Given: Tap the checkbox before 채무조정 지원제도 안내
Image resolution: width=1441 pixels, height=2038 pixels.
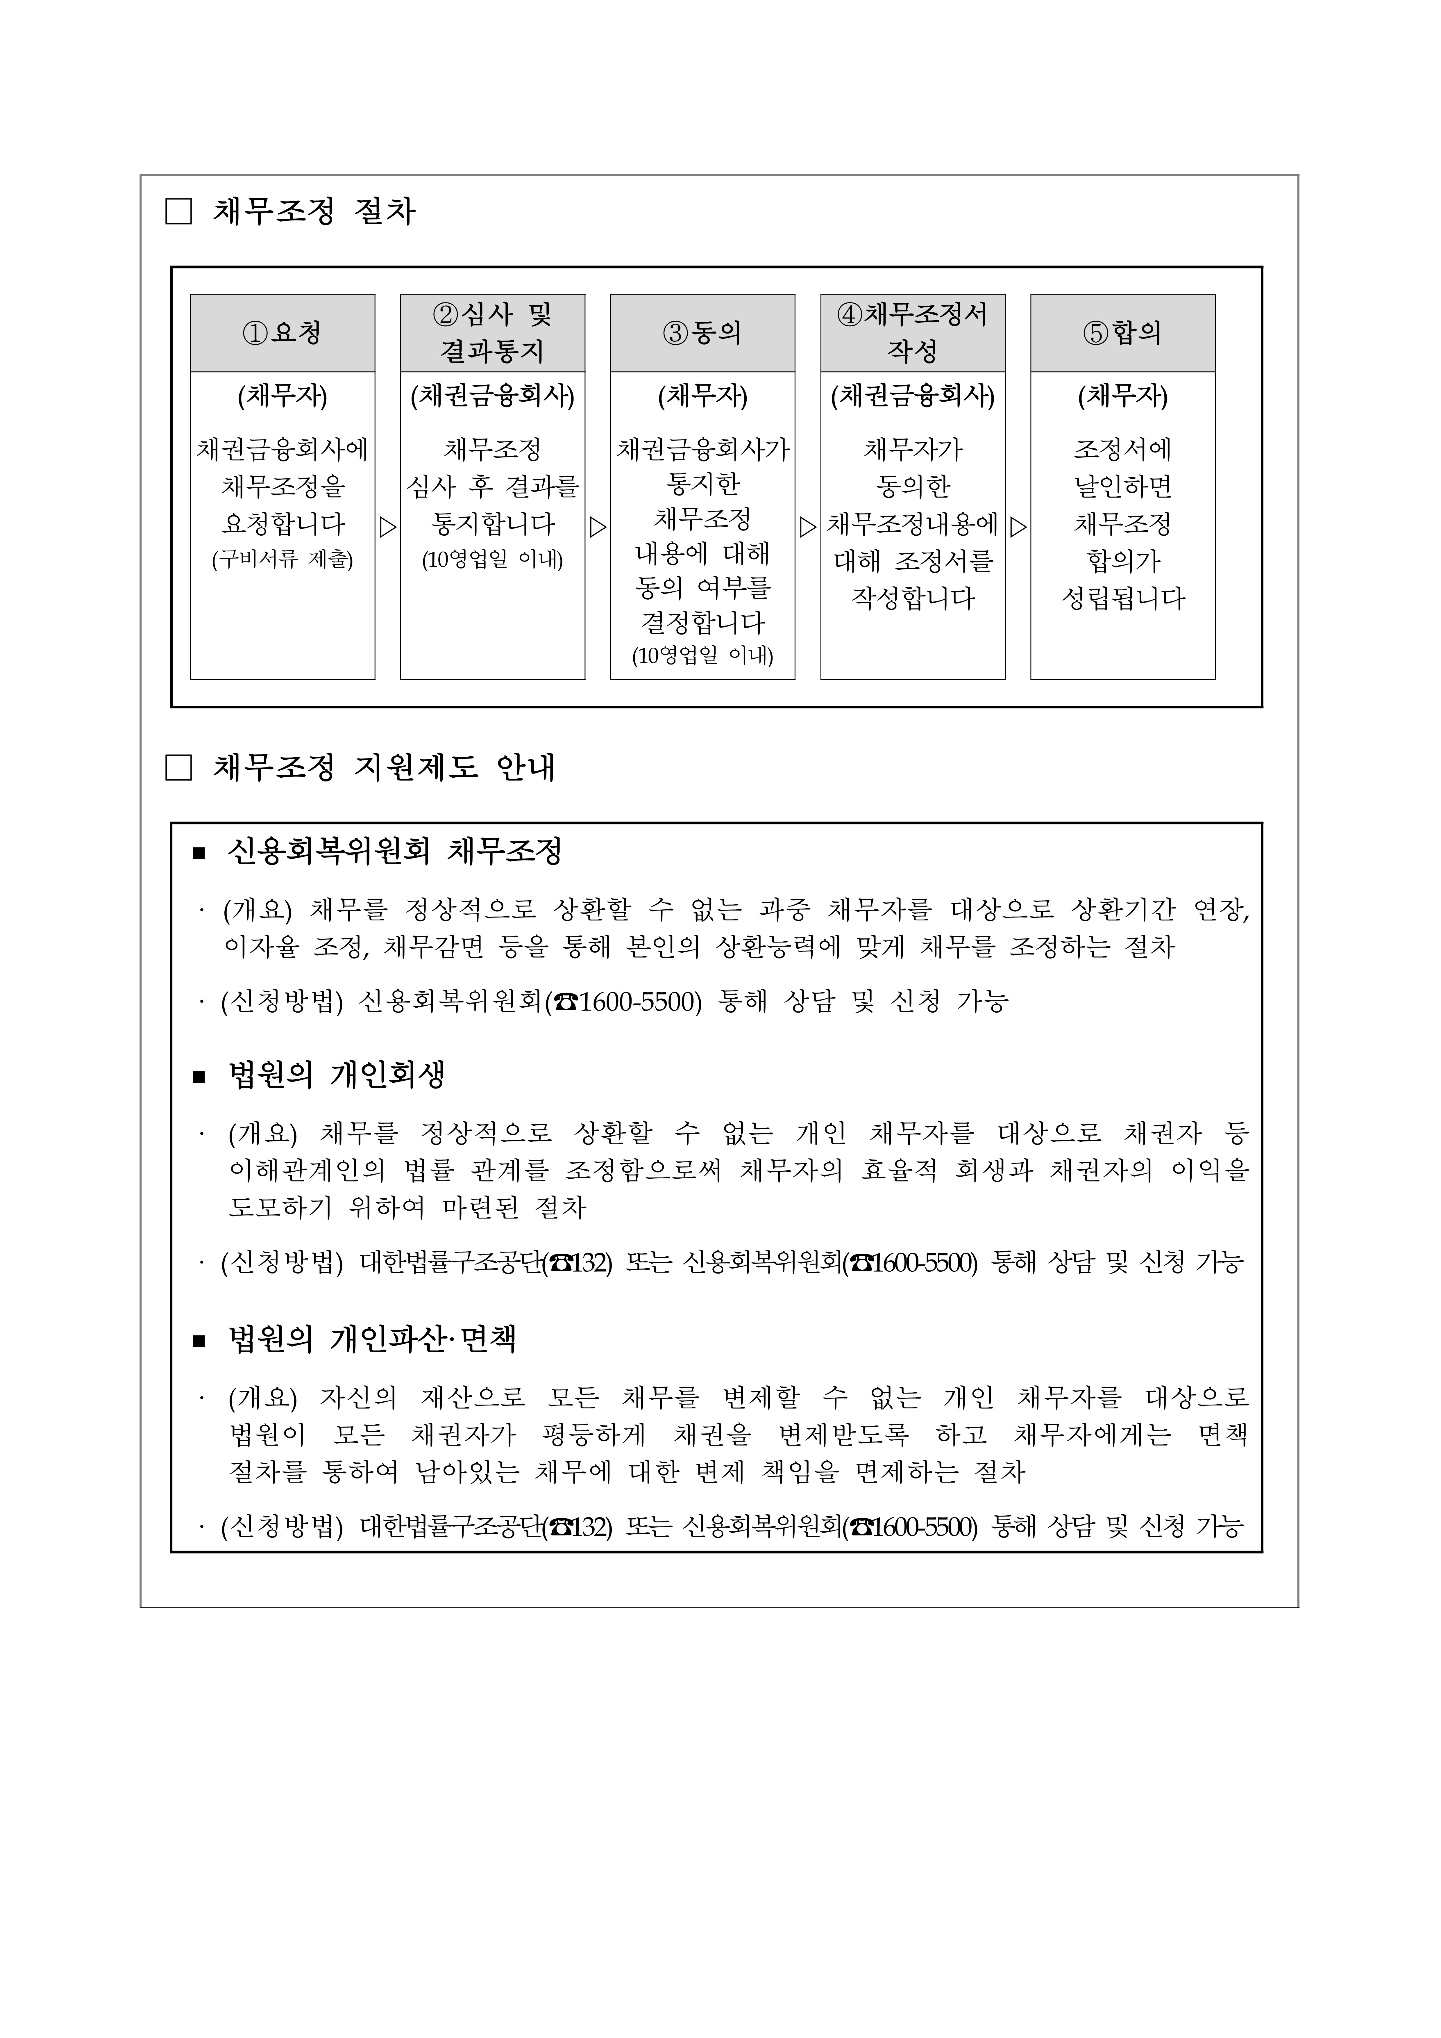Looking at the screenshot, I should [178, 768].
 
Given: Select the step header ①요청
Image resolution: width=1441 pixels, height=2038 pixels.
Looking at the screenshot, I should [282, 333].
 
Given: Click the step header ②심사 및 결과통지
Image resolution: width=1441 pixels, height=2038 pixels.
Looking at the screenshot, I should [492, 333].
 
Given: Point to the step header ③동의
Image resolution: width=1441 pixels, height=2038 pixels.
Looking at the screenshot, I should [702, 333].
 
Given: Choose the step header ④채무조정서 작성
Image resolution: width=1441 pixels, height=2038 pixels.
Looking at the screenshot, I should [912, 333].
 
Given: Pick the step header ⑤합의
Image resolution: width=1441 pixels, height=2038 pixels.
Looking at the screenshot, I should [1122, 333].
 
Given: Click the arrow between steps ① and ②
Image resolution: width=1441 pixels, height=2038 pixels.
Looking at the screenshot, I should [388, 527].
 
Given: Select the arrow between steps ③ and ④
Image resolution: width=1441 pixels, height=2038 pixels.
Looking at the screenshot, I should [807, 527].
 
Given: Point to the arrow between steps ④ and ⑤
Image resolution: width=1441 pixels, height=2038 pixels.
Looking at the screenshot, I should [1018, 527].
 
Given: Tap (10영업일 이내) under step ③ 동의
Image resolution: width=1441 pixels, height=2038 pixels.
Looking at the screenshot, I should [702, 656].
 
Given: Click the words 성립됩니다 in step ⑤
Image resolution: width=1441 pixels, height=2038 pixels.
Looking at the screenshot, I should [1122, 598].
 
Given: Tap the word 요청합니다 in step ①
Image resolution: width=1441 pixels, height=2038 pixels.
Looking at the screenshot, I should [282, 524].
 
